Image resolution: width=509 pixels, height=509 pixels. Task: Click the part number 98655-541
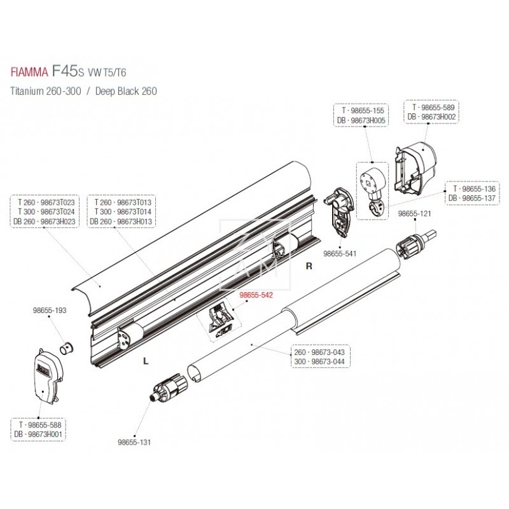340,253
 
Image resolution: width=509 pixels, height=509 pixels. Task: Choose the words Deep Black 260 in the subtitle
125,91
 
